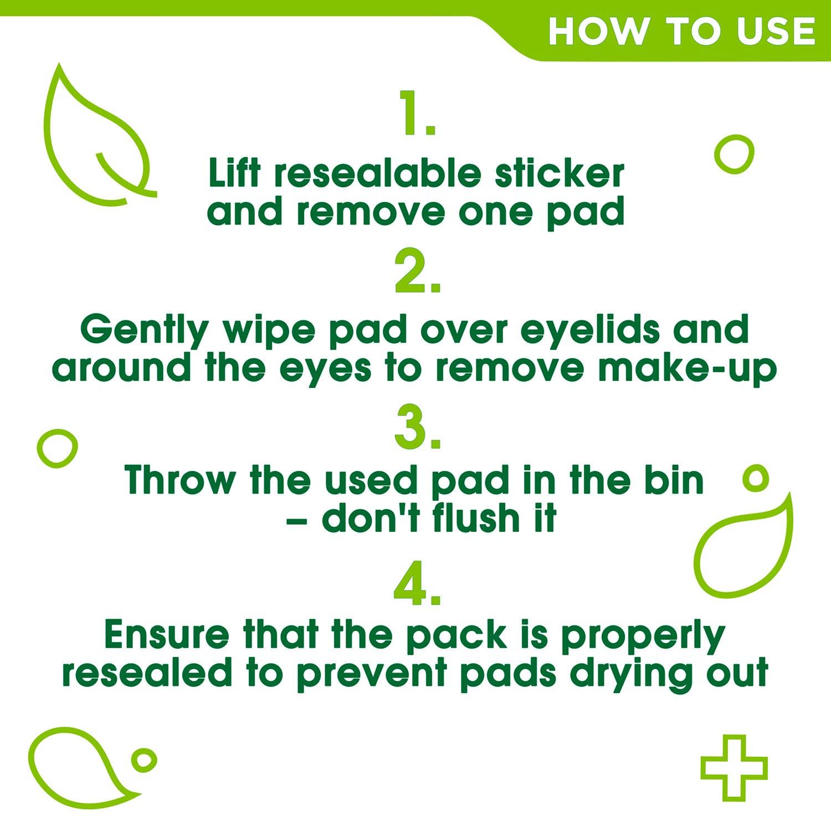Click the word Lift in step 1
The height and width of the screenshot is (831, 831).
(x=233, y=173)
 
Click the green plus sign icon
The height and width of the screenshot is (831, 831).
(x=733, y=767)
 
